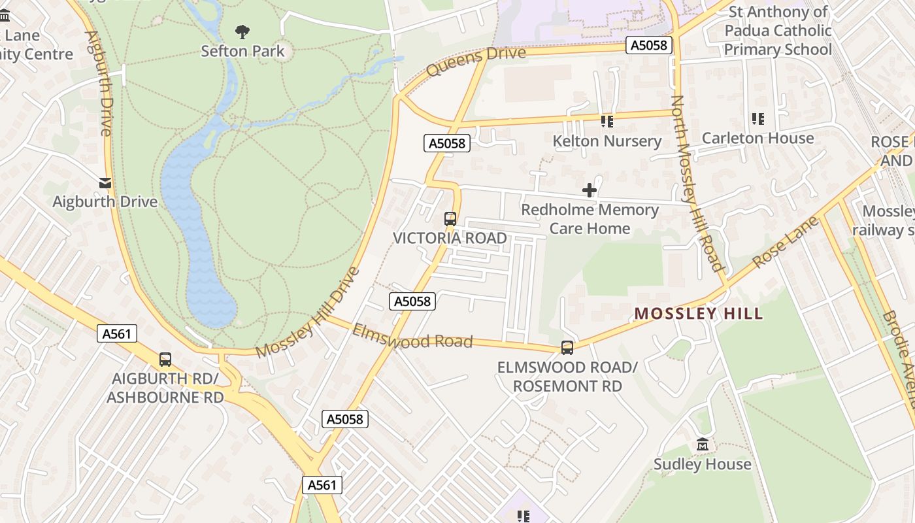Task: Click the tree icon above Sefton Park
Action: pos(242,31)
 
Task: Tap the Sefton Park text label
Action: pos(242,51)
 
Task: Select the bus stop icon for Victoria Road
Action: pos(450,219)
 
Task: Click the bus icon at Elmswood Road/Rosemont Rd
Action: pos(567,348)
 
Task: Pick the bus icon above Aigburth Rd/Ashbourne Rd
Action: pos(165,359)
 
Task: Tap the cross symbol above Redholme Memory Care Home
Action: pos(590,190)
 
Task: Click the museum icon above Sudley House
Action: pos(703,445)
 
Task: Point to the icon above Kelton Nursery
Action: pos(607,122)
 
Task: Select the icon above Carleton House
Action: pos(758,119)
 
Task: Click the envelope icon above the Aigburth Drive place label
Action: pos(105,182)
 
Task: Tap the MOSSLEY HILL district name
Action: pos(699,314)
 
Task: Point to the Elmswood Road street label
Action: pos(412,335)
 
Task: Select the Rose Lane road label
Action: pos(786,243)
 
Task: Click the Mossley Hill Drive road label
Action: pos(308,312)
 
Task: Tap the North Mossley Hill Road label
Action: pos(698,183)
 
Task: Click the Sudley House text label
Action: pos(703,464)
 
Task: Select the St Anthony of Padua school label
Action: pos(778,31)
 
